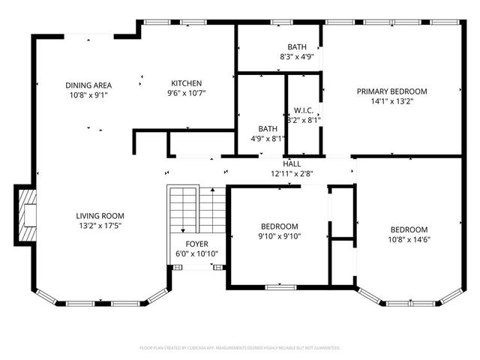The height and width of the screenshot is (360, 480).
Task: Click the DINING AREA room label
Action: click(x=88, y=85)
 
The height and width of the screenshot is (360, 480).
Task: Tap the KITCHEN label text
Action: click(x=186, y=83)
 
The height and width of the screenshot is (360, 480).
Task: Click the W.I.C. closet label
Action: click(x=303, y=109)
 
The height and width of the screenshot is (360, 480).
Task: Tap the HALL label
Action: click(x=292, y=164)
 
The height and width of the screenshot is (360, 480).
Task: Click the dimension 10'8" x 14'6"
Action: click(x=409, y=240)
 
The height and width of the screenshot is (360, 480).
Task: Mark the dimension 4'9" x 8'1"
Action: click(x=268, y=138)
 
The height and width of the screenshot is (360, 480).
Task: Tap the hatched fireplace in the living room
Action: click(x=28, y=216)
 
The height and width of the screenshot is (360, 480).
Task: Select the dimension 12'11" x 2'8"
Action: click(x=292, y=173)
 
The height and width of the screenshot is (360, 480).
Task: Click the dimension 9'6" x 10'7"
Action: click(x=186, y=93)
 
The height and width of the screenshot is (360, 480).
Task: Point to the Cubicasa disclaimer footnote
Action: click(x=240, y=348)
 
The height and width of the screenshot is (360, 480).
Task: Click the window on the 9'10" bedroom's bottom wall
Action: click(x=279, y=285)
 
